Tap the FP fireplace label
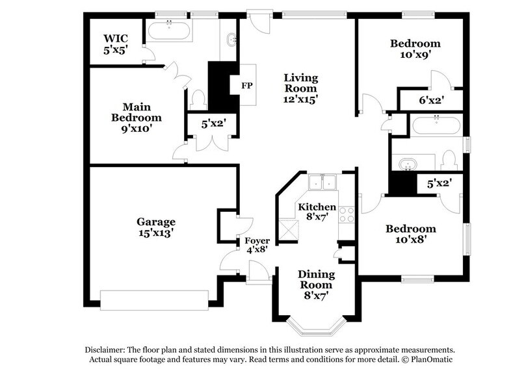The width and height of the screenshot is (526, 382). [x=246, y=86]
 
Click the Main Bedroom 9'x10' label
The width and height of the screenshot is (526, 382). [x=136, y=118]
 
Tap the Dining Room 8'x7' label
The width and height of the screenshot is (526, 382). [x=315, y=285]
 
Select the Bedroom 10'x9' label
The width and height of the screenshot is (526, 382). [x=415, y=49]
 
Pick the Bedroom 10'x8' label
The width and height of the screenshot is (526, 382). [x=410, y=234]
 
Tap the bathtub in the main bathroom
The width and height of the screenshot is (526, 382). [x=169, y=29]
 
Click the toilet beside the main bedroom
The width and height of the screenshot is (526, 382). [x=199, y=99]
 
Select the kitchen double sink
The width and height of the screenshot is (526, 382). [x=323, y=183]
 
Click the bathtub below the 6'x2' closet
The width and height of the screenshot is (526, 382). [x=436, y=124]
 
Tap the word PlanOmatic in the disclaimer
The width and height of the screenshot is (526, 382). [x=432, y=359]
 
